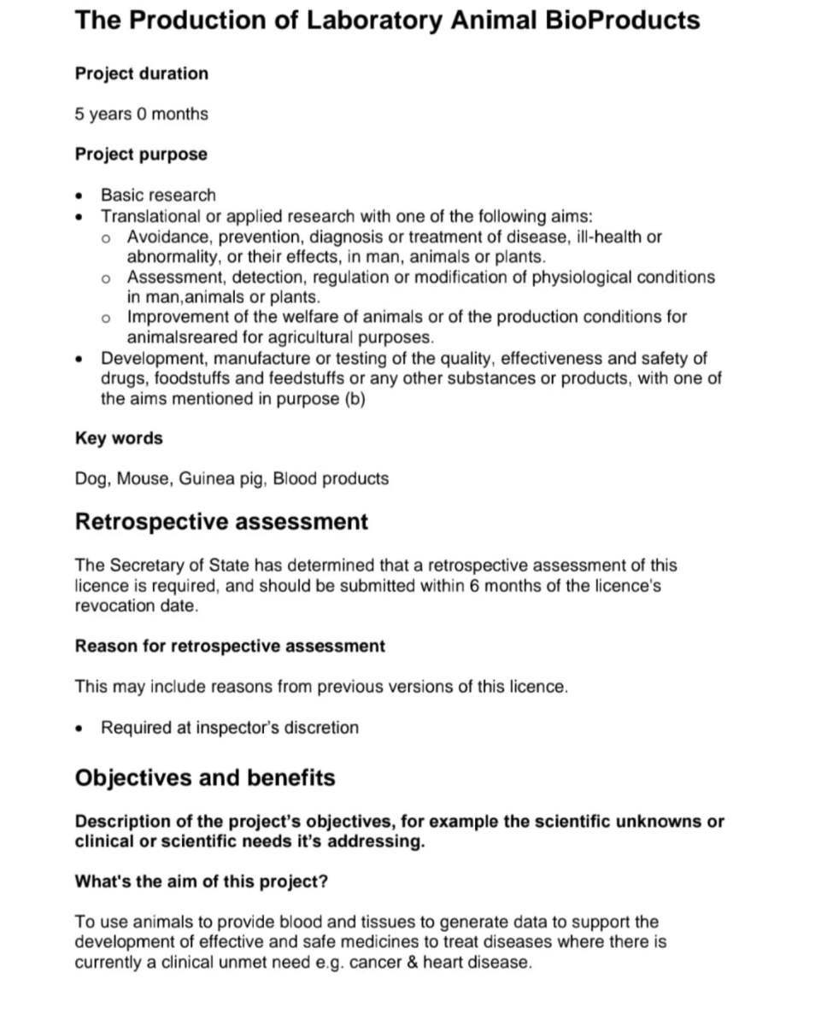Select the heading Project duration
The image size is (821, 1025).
(141, 73)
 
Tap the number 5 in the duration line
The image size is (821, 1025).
(79, 114)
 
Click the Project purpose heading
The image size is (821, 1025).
(141, 155)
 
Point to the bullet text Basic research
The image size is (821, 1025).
(158, 195)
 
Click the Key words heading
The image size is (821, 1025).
(119, 438)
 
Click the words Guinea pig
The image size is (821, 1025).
(223, 478)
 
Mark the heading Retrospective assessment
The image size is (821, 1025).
(221, 522)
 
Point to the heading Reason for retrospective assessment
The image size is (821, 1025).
(230, 646)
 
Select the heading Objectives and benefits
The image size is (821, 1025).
(205, 778)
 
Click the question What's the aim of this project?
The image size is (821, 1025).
(202, 881)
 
